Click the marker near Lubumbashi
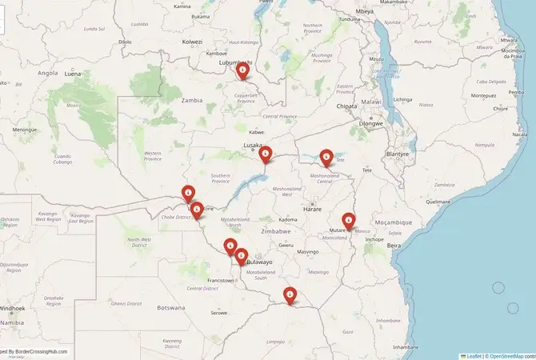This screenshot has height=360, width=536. point(243,70)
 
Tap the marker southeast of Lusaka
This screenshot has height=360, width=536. point(266,154)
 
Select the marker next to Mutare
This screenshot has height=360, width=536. point(349,219)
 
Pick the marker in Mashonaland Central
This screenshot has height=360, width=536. point(326,157)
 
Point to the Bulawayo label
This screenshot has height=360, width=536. point(261,262)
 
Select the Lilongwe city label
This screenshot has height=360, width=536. point(371,124)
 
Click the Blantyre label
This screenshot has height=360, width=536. point(397,153)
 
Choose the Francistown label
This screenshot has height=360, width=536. point(221,281)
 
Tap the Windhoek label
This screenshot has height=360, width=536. point(12,308)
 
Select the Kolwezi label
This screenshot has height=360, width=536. point(193,41)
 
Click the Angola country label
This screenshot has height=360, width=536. point(48,73)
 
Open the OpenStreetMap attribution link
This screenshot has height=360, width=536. point(506,355)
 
